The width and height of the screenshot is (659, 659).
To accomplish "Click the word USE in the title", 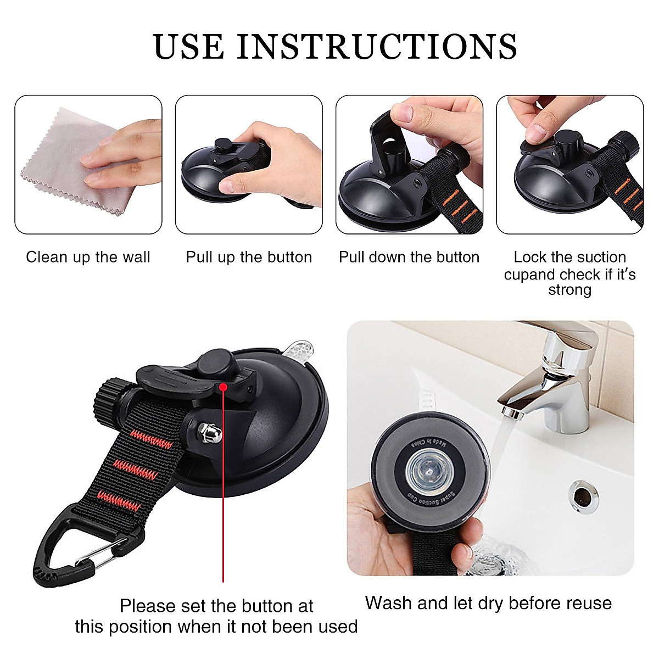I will (189, 47).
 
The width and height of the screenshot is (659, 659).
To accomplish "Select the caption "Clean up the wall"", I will (88, 257).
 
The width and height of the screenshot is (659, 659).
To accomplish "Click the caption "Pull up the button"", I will (249, 257).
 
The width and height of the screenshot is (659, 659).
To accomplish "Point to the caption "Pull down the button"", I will (409, 257).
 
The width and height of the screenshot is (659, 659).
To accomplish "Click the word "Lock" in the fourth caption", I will (530, 257).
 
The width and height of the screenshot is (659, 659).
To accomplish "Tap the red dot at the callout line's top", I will (223, 387).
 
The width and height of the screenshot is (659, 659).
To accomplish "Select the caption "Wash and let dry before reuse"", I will (488, 602).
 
